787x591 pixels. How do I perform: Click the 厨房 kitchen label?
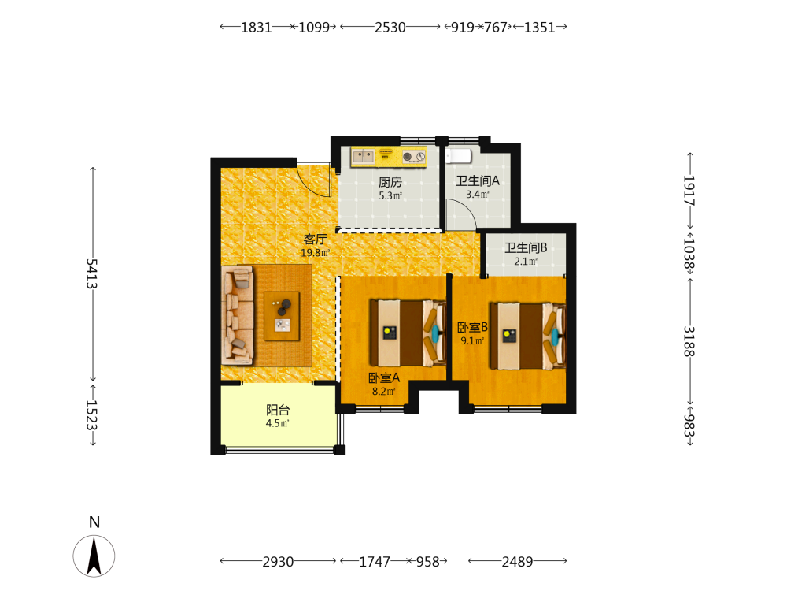390,182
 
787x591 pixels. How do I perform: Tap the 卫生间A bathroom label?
478,180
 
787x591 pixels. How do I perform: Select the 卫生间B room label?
526,247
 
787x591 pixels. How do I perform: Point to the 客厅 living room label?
315,240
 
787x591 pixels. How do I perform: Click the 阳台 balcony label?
278,410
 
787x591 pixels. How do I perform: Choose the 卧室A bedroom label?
384,377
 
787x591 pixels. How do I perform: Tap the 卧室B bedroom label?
472,327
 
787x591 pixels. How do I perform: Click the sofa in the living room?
238,314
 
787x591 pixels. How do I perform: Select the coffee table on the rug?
282,316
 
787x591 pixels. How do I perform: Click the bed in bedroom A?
408,333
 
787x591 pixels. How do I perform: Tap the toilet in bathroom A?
458,156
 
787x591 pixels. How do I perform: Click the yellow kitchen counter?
389,157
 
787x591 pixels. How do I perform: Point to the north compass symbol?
94,556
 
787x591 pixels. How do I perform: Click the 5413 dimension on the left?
92,274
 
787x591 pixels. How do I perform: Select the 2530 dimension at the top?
390,27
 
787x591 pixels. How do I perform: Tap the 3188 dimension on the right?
689,341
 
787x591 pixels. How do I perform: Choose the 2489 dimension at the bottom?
518,561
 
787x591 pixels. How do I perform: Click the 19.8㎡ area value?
315,253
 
